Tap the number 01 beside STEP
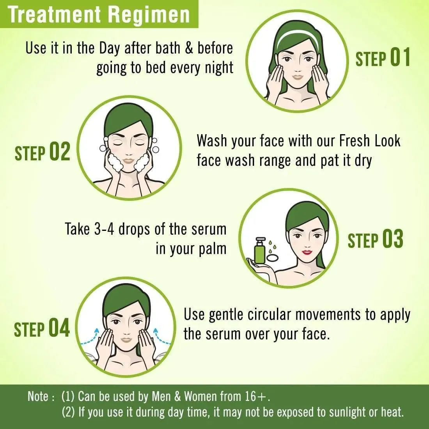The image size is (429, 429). [400, 57]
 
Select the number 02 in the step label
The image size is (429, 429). [60, 151]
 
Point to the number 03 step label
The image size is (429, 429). [393, 239]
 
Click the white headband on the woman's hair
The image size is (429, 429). [298, 35]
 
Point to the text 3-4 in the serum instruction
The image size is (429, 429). [104, 229]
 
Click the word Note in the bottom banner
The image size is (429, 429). [38, 396]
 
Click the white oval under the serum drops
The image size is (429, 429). [273, 258]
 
